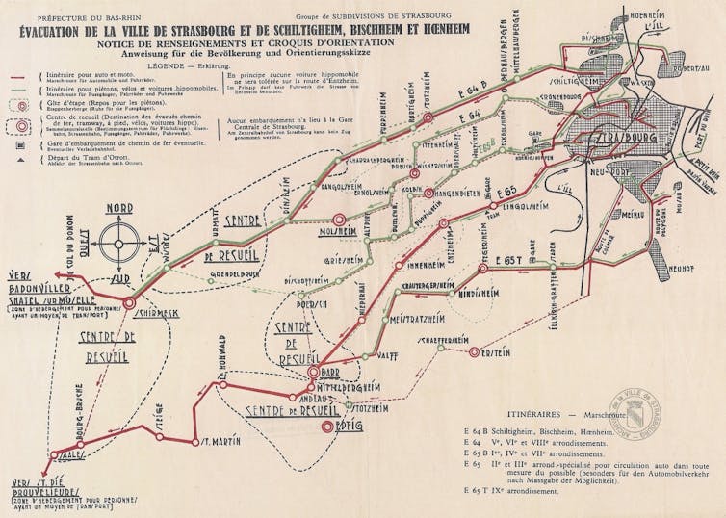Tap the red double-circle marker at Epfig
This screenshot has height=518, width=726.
coord(328,425)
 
